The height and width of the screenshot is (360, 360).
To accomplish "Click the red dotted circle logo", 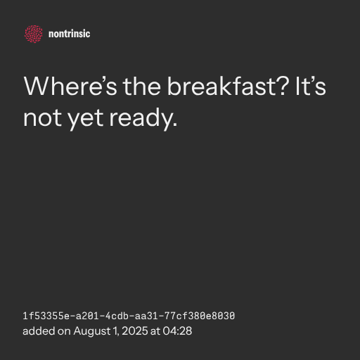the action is (x=34, y=34).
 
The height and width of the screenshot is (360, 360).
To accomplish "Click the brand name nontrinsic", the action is (x=69, y=34).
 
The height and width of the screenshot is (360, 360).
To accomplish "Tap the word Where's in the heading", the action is (x=70, y=86).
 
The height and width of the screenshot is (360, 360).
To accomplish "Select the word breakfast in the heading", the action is (x=221, y=86).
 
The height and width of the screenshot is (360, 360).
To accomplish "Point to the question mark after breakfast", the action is (x=283, y=86).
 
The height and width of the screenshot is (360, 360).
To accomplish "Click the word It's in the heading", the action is (x=311, y=86).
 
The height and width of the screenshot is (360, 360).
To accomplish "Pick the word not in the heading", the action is (x=42, y=118).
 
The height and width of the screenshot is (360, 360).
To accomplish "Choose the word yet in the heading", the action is (x=85, y=120).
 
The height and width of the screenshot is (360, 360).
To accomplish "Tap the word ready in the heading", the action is (x=141, y=119).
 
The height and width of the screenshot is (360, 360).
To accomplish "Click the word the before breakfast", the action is (x=142, y=86).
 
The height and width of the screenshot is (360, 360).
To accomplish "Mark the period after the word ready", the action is (x=174, y=125).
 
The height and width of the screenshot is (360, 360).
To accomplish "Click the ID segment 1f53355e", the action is (x=46, y=316).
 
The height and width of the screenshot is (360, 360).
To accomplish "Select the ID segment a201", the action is (x=87, y=316).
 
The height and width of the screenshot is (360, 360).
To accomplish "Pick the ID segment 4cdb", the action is (x=117, y=316).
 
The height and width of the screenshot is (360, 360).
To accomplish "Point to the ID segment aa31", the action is (x=146, y=316).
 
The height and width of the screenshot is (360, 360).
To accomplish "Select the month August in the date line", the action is (x=92, y=331).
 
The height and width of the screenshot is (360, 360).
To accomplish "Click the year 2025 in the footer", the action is (x=135, y=331).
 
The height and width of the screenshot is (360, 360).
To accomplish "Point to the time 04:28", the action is (x=177, y=331).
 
